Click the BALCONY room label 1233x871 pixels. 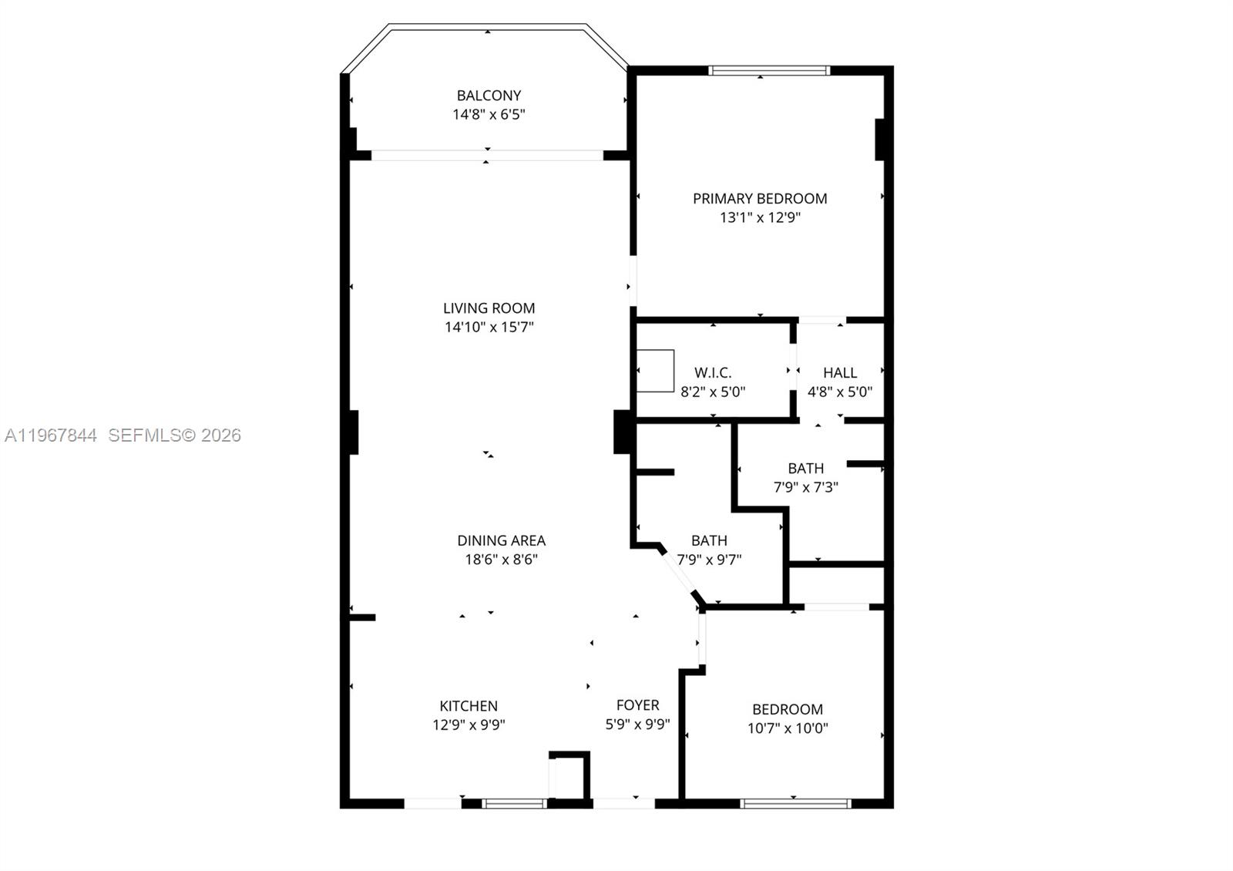[489, 96]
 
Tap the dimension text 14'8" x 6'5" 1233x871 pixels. [489, 115]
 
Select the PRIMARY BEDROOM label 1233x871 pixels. [760, 198]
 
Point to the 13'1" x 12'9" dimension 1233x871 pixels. [760, 217]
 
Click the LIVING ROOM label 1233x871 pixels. [489, 308]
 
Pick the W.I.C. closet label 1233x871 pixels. [713, 372]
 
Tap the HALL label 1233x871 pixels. [840, 372]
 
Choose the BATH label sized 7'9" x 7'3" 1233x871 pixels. [805, 468]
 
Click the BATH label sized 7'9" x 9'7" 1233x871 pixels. [709, 540]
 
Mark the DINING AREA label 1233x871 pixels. [501, 540]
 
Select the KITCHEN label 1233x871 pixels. [469, 705]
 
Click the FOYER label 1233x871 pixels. [637, 705]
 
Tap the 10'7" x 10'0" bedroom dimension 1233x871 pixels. [788, 728]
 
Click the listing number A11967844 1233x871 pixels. [51, 435]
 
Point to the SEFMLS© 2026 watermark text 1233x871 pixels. [175, 435]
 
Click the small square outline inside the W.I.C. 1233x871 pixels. [655, 371]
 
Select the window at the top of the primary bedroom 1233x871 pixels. [769, 70]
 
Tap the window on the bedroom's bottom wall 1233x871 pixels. [795, 803]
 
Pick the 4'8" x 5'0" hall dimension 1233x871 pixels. [840, 392]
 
